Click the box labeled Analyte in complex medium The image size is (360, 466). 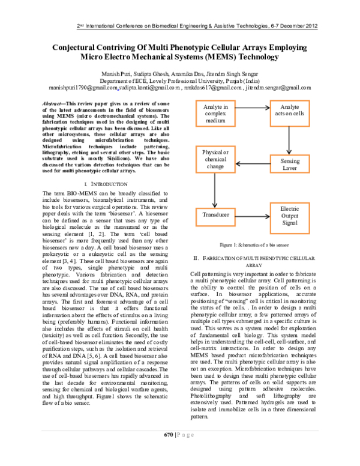coord(215,113)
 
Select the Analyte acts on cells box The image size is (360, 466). coord(289,113)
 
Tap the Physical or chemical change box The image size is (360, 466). coord(215,160)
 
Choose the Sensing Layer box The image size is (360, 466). coord(289,165)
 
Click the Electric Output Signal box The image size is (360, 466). coord(289,217)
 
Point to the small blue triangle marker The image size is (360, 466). coord(118,89)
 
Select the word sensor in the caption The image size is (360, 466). coord(282,245)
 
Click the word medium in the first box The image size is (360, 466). coord(215,120)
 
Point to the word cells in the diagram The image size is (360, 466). coord(298,113)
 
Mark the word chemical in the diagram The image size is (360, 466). coord(215,160)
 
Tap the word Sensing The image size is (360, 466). coord(290,161)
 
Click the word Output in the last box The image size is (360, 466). coord(290,216)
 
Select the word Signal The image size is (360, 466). coord(290,223)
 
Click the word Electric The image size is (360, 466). coord(290,209)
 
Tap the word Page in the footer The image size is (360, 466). coord(185,436)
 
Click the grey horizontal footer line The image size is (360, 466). coord(180,431)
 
